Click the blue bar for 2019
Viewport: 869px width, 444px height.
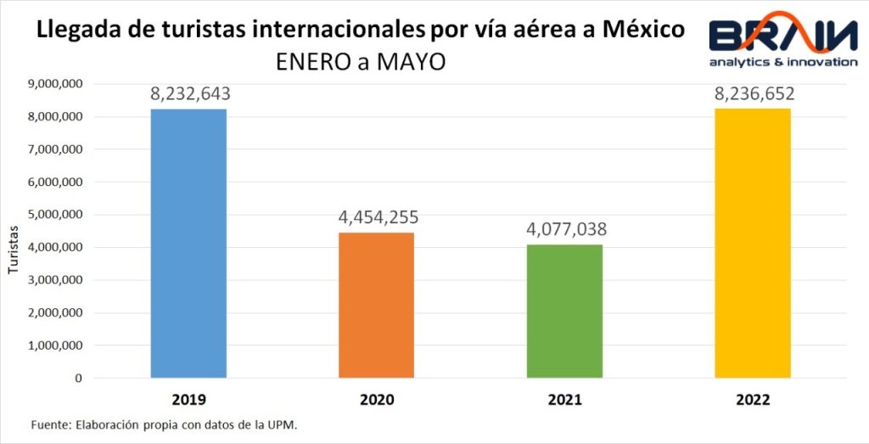click(x=188, y=243)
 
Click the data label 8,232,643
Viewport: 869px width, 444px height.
click(x=189, y=94)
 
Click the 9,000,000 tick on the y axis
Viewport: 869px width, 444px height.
click(x=54, y=83)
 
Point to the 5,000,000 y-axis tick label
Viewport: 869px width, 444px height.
click(x=54, y=215)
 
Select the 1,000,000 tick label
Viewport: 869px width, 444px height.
click(x=54, y=346)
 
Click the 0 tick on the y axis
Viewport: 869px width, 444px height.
click(x=78, y=379)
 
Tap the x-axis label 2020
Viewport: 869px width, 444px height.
click(x=377, y=400)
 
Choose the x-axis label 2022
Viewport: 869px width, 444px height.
click(x=754, y=400)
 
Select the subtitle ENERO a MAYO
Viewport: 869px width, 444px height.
click(x=361, y=64)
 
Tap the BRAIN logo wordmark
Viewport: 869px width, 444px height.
click(x=784, y=35)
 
